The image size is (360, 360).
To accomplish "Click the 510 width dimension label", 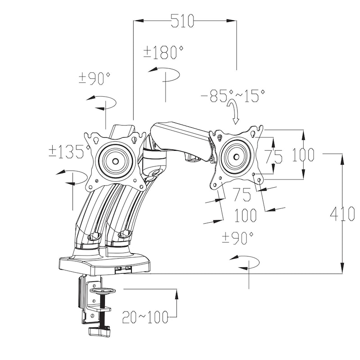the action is tap(183, 21).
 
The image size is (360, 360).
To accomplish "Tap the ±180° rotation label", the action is tap(164, 52).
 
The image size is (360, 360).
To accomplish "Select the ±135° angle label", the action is tap(69, 152).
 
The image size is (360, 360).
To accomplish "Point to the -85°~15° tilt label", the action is tap(233, 95).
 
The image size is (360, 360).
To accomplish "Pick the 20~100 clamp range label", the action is tap(145, 317).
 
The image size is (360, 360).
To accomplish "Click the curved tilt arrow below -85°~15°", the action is tap(233, 112).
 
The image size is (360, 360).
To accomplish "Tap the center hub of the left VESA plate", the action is tap(115, 162).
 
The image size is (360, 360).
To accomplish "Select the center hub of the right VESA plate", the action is tap(236, 157).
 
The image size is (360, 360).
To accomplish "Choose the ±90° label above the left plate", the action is tap(94, 78).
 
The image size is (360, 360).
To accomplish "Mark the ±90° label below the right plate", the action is tap(238, 238).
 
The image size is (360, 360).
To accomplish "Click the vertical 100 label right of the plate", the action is tap(303, 154).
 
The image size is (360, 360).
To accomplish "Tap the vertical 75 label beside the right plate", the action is tap(273, 156).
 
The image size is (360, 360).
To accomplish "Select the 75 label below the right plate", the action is tap(242, 194).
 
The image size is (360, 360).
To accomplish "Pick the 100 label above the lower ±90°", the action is tap(245, 215).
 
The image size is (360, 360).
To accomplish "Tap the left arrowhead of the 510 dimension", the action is tap(139, 21).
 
